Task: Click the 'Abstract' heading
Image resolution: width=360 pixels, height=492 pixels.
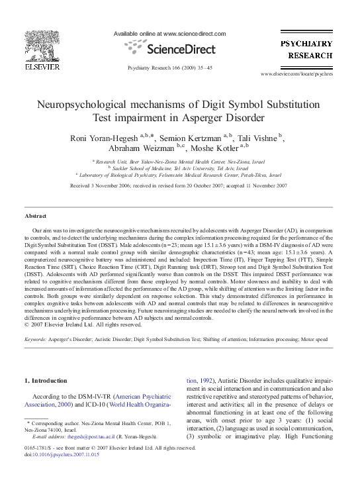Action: pyautogui.click(x=35, y=217)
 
